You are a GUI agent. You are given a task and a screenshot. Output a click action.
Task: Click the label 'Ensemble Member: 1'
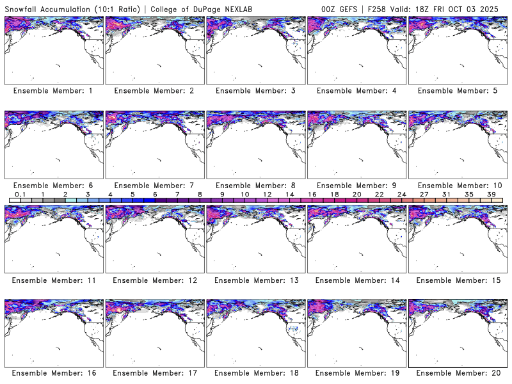(x=52, y=91)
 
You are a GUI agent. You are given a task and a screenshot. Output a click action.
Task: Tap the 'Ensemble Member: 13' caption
(x=255, y=280)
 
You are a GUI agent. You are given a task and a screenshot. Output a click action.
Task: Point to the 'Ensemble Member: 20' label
(x=457, y=373)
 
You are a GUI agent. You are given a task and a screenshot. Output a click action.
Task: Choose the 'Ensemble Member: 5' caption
(x=457, y=91)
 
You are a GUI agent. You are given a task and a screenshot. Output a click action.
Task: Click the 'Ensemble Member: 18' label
(x=255, y=373)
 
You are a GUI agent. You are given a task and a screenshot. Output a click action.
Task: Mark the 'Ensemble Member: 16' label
(x=52, y=373)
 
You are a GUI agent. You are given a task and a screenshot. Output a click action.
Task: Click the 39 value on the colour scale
(x=492, y=194)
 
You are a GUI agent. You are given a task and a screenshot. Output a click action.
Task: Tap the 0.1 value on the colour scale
(x=20, y=194)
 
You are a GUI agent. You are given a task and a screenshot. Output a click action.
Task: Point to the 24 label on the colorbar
(x=402, y=194)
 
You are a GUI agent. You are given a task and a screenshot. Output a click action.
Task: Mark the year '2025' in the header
(x=497, y=7)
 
